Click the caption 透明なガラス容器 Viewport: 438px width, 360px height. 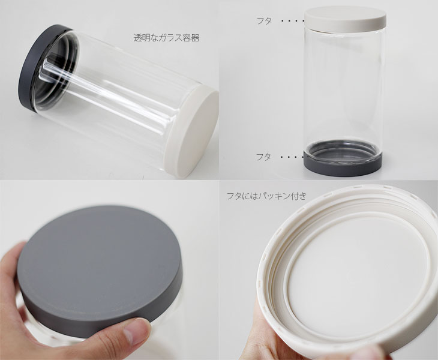(166, 38)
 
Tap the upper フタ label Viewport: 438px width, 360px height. (264, 20)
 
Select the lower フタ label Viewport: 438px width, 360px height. (263, 157)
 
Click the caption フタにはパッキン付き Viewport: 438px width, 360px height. (266, 196)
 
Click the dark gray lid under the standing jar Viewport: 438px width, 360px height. (343, 165)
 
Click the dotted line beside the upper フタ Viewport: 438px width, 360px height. (293, 20)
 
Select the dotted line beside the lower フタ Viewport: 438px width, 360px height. (292, 157)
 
